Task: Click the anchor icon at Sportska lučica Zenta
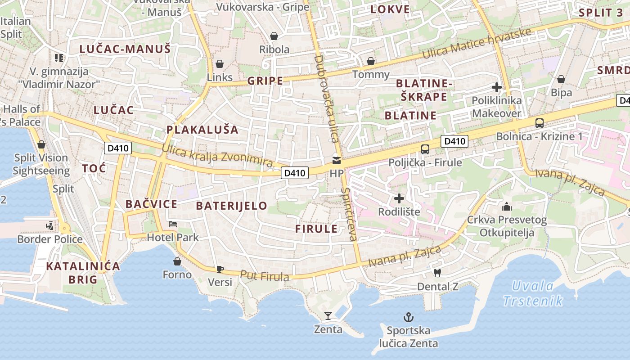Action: (408, 318)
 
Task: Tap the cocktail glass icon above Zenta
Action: (328, 316)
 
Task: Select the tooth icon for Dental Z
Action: (436, 273)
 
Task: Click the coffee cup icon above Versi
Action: (220, 269)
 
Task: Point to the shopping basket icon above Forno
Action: (177, 261)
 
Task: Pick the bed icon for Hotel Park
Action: (173, 224)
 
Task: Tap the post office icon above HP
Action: (336, 160)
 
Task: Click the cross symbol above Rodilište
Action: (399, 198)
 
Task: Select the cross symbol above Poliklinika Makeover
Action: (497, 87)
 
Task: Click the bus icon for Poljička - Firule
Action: (425, 149)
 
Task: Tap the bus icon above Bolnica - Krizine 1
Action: (539, 123)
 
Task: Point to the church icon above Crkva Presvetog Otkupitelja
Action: (507, 207)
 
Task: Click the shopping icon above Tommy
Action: (371, 61)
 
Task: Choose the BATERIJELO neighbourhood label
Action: (232, 206)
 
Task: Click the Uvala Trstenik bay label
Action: (533, 293)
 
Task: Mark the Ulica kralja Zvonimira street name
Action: (217, 156)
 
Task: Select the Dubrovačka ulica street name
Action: (326, 99)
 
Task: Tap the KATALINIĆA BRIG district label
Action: (83, 273)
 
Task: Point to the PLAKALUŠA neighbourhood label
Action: (202, 130)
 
